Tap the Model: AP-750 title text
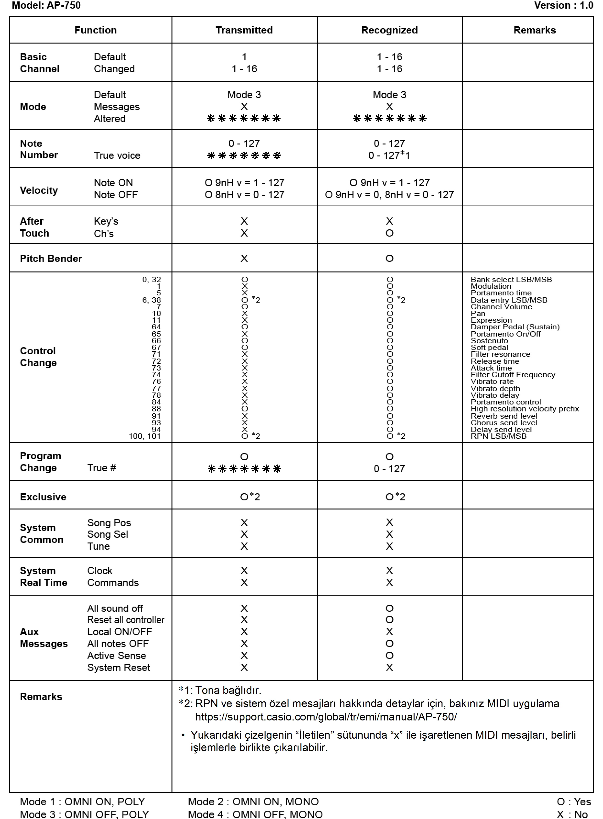click(x=46, y=6)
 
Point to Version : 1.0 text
click(x=563, y=6)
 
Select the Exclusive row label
click(x=43, y=497)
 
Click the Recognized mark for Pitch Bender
click(x=389, y=258)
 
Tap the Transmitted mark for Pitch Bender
click(x=244, y=258)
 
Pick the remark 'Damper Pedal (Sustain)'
click(x=515, y=327)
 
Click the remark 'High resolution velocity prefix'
click(x=525, y=409)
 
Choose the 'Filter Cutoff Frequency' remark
click(x=513, y=375)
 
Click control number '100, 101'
click(x=144, y=436)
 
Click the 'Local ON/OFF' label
click(x=120, y=631)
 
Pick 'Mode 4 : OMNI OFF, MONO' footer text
click(x=255, y=814)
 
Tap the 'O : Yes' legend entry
click(x=573, y=802)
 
